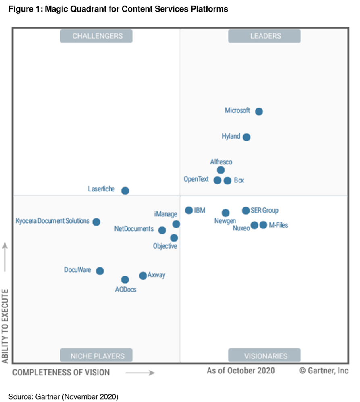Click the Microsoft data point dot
pyautogui.click(x=259, y=112)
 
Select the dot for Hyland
pyautogui.click(x=247, y=137)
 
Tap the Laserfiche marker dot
pyautogui.click(x=125, y=191)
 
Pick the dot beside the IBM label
pyautogui.click(x=189, y=210)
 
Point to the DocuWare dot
pyautogui.click(x=100, y=271)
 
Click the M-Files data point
pyautogui.click(x=263, y=225)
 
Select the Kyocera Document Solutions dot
pyautogui.click(x=96, y=222)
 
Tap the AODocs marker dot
pyautogui.click(x=125, y=280)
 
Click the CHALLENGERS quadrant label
pyautogui.click(x=97, y=36)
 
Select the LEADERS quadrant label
pyautogui.click(x=264, y=36)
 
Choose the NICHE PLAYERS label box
pyautogui.click(x=97, y=356)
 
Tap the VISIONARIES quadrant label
pyautogui.click(x=264, y=356)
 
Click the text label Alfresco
pyautogui.click(x=221, y=162)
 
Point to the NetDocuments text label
pyautogui.click(x=134, y=229)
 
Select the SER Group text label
pyautogui.click(x=264, y=210)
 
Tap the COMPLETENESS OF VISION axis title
pyautogui.click(x=61, y=373)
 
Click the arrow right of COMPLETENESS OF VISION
pyautogui.click(x=140, y=373)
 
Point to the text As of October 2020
pyautogui.click(x=241, y=371)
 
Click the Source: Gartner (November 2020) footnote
pyautogui.click(x=63, y=397)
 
